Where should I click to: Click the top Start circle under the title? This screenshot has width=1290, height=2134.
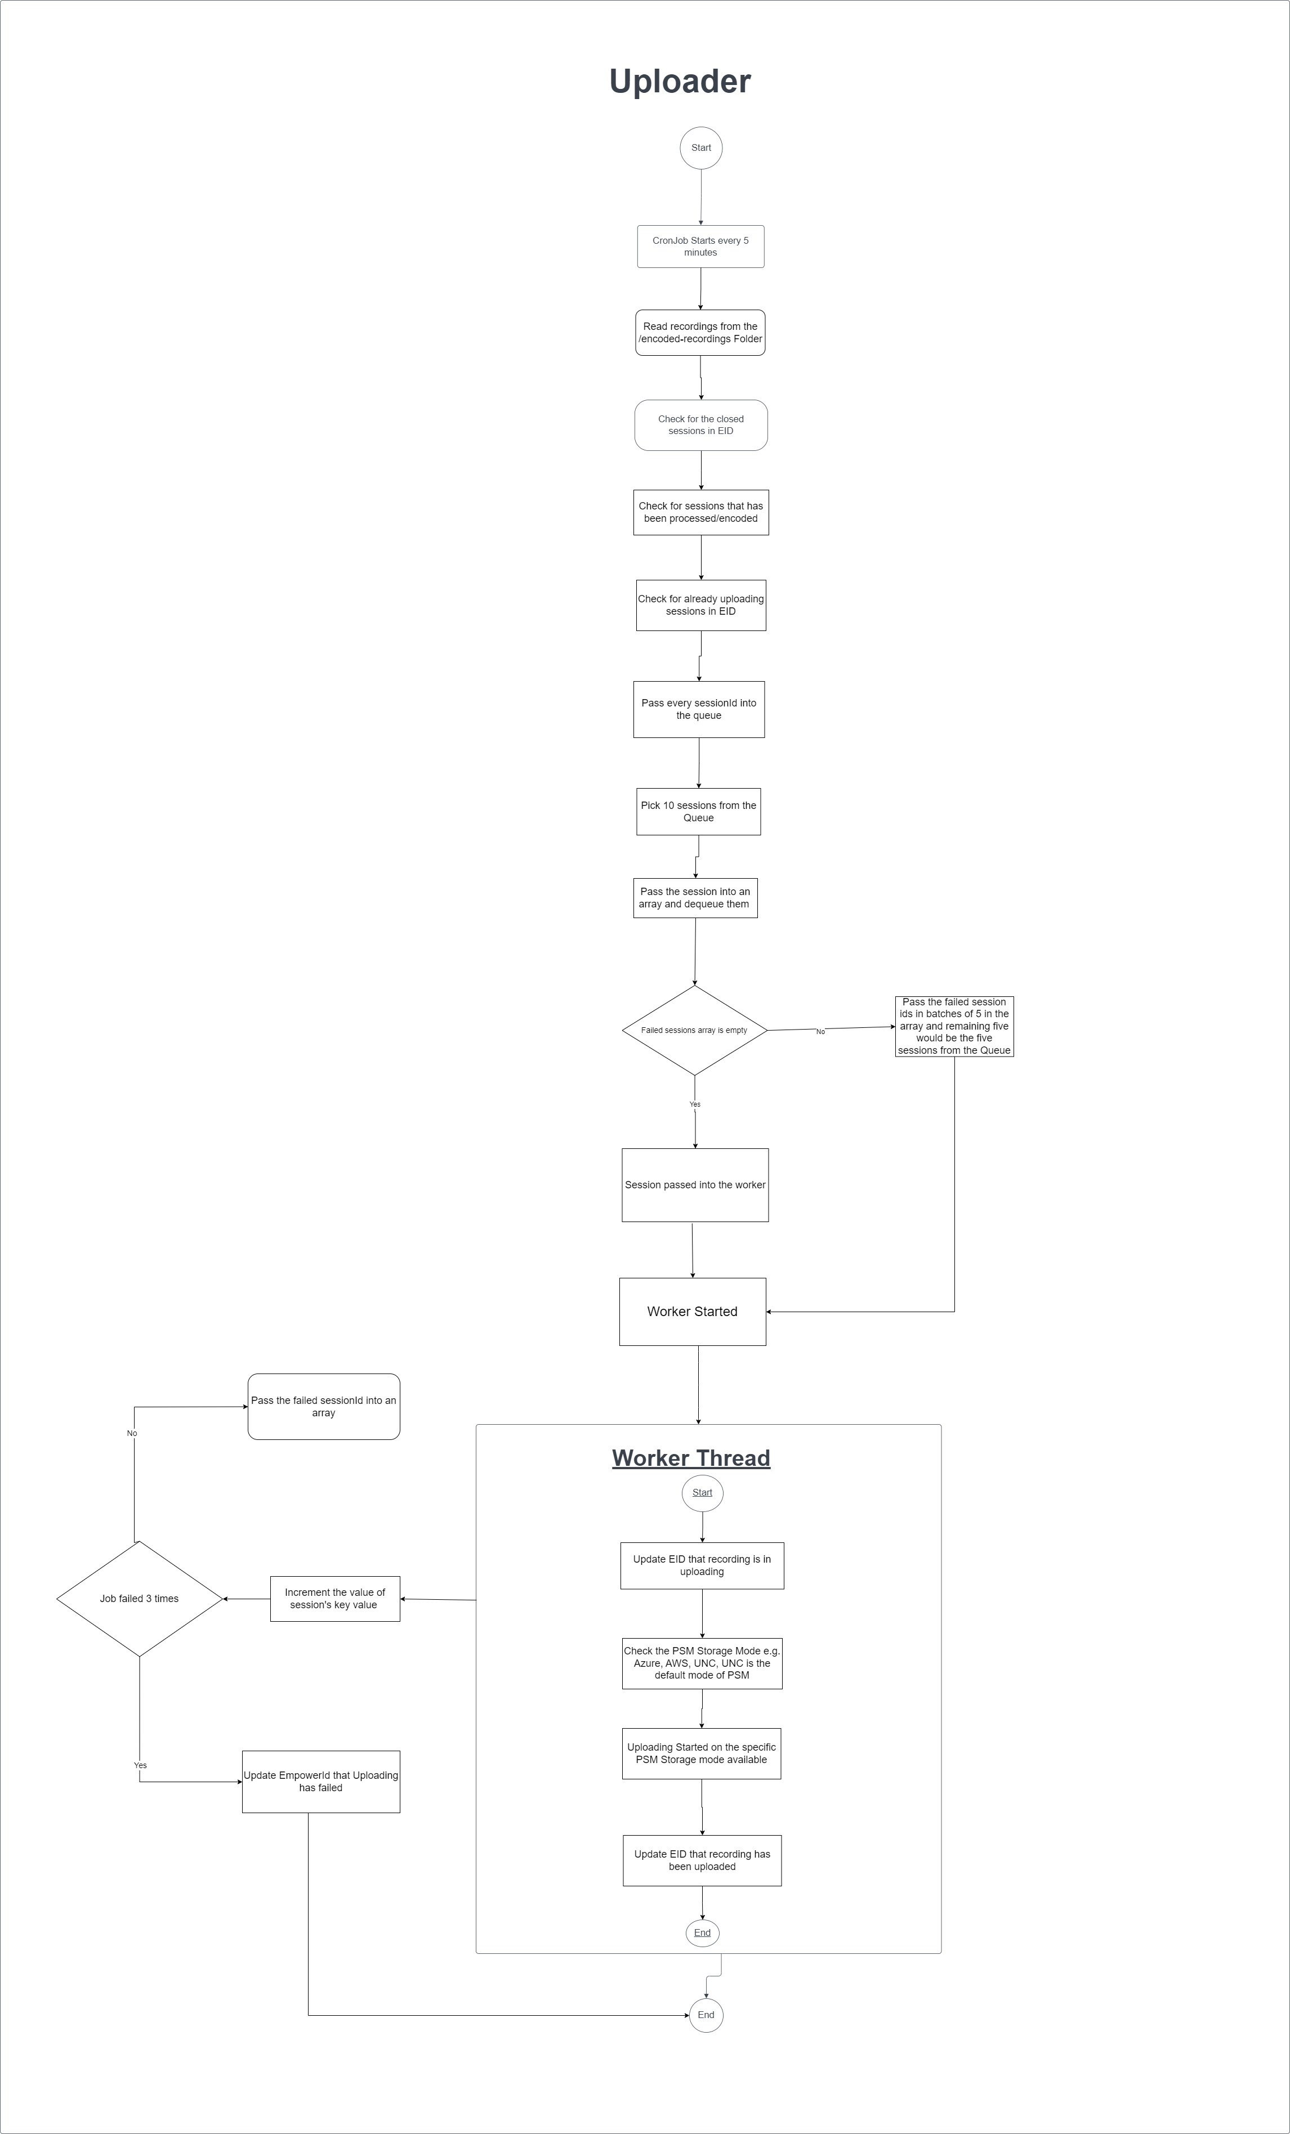[x=701, y=148]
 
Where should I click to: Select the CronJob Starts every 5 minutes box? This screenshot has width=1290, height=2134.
[x=700, y=247]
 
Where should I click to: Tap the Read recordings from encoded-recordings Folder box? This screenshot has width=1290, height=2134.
[x=700, y=333]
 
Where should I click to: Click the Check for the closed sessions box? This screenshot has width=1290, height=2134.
[x=701, y=425]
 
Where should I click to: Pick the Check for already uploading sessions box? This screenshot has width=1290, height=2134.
[x=701, y=605]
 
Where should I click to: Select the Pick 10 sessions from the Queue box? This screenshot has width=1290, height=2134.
[x=698, y=812]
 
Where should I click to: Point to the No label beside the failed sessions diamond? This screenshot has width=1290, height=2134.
[x=820, y=1031]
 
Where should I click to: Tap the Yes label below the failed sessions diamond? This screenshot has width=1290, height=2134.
[x=695, y=1104]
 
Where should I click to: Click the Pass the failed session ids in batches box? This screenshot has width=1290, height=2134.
[x=954, y=1026]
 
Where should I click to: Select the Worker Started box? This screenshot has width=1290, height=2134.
[x=692, y=1311]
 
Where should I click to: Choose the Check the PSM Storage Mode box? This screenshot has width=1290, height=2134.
[x=702, y=1663]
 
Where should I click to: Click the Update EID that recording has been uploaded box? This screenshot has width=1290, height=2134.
[x=702, y=1860]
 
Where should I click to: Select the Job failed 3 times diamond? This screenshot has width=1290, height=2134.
[x=140, y=1599]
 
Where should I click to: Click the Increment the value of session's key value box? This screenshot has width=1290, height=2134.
[x=334, y=1599]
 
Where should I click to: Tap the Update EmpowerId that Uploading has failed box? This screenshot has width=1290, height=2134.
[x=320, y=1782]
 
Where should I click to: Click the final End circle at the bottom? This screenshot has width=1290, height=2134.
[x=706, y=2015]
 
